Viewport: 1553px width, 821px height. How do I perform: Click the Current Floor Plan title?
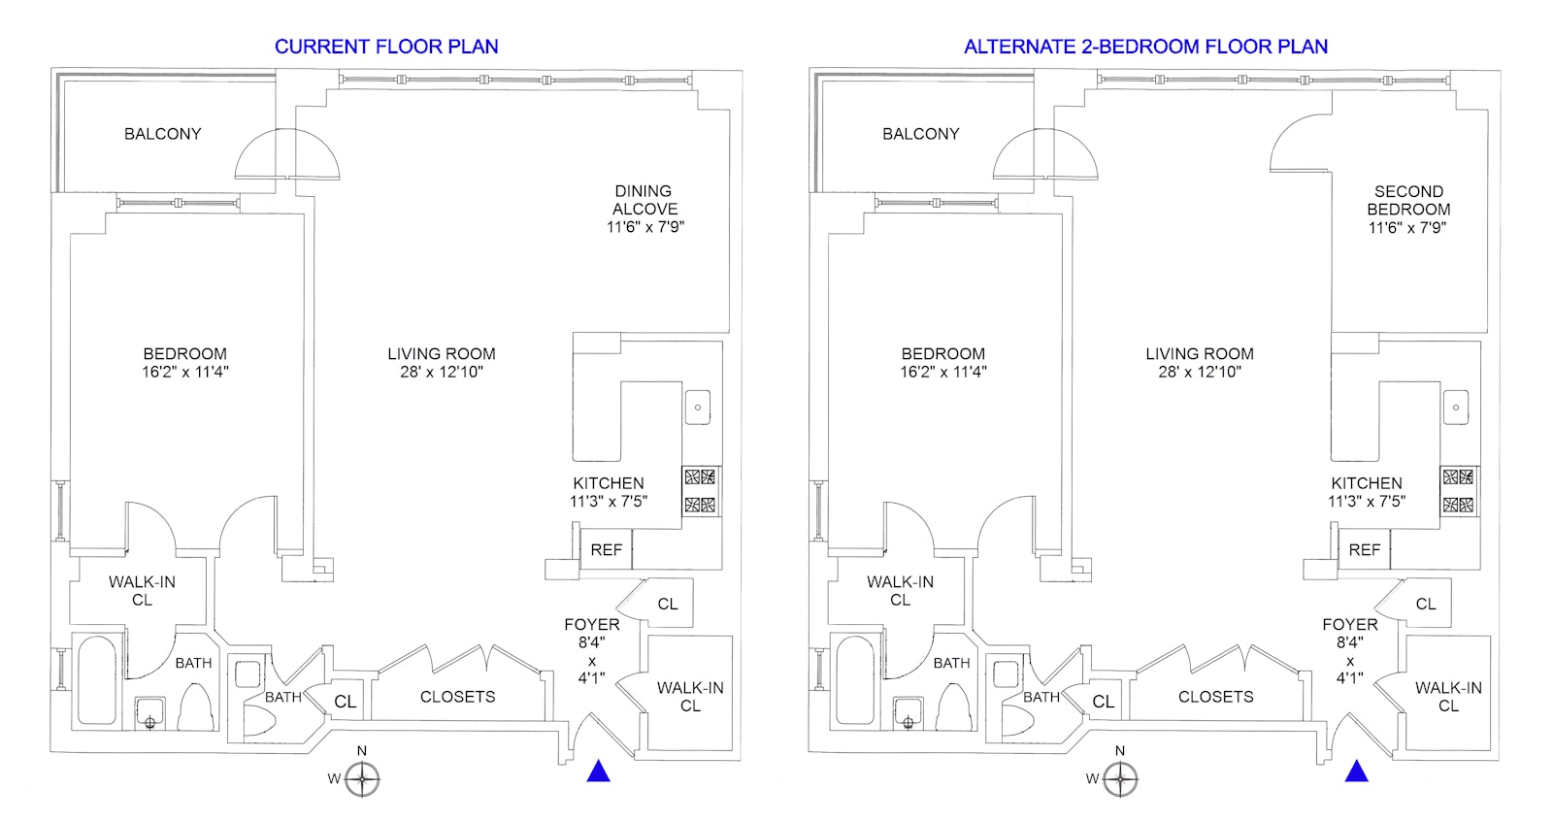(386, 47)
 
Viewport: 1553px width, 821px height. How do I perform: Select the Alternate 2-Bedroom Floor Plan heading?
(1145, 47)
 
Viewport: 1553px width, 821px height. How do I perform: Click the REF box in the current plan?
(606, 550)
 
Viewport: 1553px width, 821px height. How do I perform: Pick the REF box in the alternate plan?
(1365, 550)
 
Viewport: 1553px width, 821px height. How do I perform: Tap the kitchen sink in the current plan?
(698, 407)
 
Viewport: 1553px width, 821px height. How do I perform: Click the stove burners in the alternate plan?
(1458, 491)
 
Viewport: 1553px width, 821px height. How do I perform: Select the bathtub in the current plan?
(96, 680)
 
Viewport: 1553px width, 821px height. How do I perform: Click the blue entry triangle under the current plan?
(598, 772)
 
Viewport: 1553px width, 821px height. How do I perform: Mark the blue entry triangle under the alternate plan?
(1357, 772)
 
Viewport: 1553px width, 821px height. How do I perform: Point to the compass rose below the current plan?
(362, 778)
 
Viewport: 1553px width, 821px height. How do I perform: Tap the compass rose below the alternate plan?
(1120, 778)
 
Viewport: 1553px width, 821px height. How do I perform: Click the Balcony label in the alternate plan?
(921, 134)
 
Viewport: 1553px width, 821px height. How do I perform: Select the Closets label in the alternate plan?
(1216, 697)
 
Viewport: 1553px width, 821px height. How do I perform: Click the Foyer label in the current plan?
(592, 625)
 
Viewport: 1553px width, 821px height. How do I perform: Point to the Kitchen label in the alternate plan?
(1367, 483)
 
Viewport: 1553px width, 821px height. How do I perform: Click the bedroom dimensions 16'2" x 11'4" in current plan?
(185, 373)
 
